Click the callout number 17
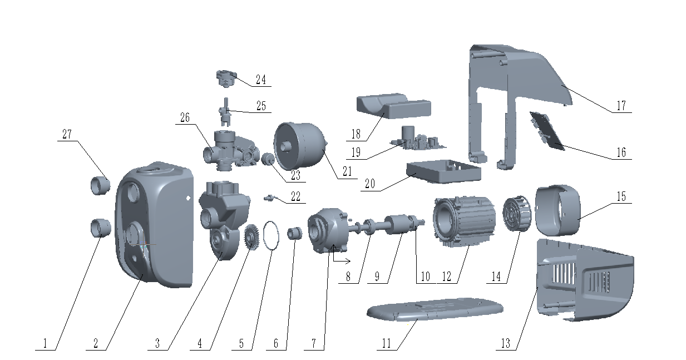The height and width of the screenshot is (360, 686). [x=621, y=106]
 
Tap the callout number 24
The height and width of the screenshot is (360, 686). [x=260, y=80]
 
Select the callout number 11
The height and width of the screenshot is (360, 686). [x=387, y=343]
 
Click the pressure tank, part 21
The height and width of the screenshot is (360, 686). [x=300, y=146]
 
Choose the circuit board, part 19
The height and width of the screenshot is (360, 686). [x=420, y=140]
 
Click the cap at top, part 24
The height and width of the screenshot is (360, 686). [x=226, y=78]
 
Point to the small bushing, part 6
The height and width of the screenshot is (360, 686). [x=294, y=233]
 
